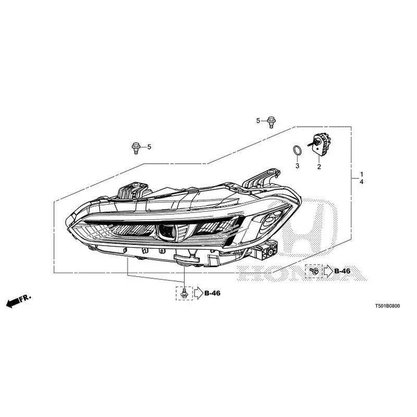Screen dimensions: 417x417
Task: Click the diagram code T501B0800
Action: point(387,306)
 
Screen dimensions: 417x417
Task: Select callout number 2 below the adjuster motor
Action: point(319,167)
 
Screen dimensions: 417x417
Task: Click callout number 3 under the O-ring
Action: point(297,166)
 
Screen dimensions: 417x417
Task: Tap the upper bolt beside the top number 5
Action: point(271,122)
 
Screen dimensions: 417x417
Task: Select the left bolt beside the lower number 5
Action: point(136,148)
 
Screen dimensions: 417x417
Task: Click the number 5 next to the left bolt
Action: point(149,147)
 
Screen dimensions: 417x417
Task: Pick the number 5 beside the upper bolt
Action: point(258,121)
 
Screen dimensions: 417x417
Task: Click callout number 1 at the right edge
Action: point(362,175)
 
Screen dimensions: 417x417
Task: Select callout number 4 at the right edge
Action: point(362,182)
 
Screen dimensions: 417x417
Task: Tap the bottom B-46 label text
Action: point(213,293)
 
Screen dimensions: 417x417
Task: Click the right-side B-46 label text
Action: point(342,271)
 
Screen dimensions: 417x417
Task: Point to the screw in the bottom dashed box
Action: point(184,293)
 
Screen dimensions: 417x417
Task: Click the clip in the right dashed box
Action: point(315,271)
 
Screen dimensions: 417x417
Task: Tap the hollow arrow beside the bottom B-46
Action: point(199,293)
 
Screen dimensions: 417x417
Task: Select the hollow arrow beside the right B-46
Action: point(328,271)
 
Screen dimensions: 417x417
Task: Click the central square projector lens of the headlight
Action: point(167,231)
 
